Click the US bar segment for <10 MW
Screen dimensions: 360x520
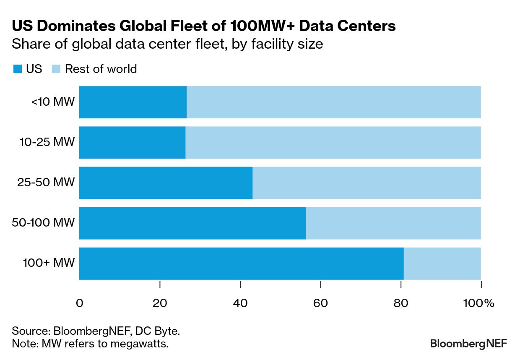click(133, 102)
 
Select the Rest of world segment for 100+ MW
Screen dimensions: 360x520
click(442, 263)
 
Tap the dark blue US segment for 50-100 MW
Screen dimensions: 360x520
click(192, 223)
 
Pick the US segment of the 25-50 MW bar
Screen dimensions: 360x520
click(166, 183)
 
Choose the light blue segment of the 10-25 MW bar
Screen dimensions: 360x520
click(333, 143)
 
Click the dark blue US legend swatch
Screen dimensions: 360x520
click(17, 69)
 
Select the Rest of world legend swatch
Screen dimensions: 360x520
click(56, 69)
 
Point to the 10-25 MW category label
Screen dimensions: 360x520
click(47, 142)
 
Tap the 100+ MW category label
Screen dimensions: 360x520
click(49, 263)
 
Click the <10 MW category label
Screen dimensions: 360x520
click(53, 102)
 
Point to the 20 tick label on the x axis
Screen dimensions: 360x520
click(160, 303)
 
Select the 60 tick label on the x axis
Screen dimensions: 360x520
click(320, 303)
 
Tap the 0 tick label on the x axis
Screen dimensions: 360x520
click(79, 303)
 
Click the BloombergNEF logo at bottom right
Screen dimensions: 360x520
click(468, 343)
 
